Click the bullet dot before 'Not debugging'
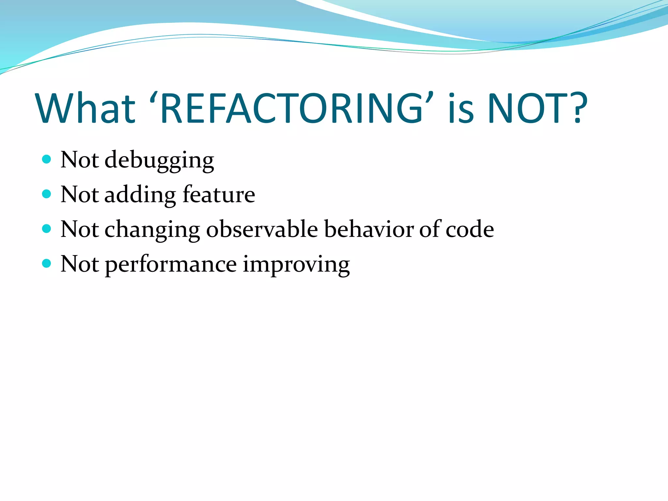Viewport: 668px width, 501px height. tap(47, 159)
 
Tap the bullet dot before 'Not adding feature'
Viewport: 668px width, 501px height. tap(47, 194)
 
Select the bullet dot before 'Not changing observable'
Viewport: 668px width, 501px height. tap(47, 229)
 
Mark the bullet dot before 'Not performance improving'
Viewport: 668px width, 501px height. tap(47, 263)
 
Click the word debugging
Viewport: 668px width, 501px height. tap(159, 160)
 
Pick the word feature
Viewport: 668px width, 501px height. tap(219, 195)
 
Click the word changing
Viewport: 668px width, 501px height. tap(152, 230)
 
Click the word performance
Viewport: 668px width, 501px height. tap(171, 265)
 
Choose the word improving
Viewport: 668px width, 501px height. tap(296, 265)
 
